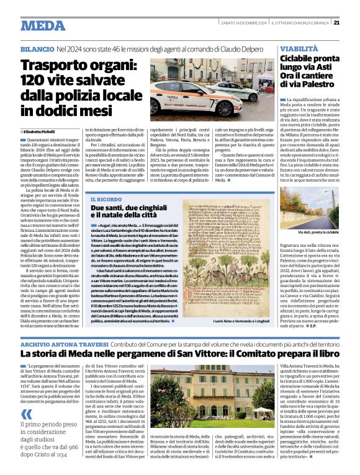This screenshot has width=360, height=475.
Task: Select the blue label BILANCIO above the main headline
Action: click(37, 48)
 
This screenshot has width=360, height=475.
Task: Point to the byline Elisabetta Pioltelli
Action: click(41, 132)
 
